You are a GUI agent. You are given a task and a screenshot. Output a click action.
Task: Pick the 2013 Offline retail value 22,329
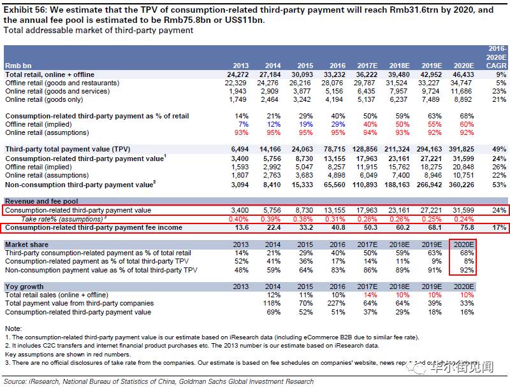click(236, 83)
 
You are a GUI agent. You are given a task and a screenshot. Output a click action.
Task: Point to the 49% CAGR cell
click(500, 148)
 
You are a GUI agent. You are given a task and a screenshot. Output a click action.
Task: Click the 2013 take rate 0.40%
click(238, 218)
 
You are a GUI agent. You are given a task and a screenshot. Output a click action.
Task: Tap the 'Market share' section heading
click(27, 244)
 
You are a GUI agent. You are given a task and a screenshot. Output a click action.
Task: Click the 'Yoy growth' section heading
click(24, 286)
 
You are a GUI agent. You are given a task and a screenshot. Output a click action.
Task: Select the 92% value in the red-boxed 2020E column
click(467, 269)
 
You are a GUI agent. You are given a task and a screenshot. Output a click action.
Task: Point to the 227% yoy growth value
click(337, 304)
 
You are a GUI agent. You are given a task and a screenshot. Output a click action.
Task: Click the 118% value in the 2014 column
click(272, 304)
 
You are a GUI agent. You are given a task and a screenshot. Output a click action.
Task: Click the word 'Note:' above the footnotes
click(13, 328)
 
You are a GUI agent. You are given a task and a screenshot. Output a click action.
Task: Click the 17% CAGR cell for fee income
click(500, 227)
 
